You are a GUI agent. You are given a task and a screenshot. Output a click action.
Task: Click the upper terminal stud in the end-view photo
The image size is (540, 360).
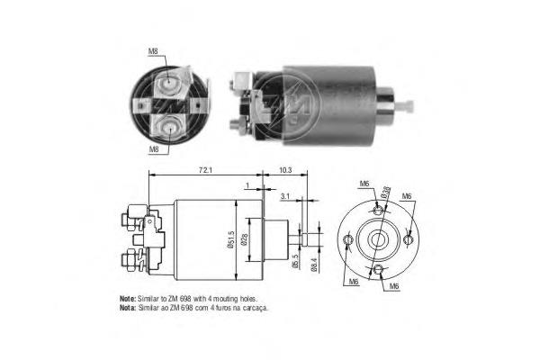[167, 85]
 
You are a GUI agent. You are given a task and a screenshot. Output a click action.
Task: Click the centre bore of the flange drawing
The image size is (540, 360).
[378, 241]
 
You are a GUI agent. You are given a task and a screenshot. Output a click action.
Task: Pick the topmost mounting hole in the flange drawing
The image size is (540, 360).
[379, 209]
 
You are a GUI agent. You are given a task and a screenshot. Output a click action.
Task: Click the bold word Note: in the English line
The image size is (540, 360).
[127, 298]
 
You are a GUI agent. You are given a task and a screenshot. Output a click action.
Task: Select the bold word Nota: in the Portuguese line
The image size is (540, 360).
[127, 307]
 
